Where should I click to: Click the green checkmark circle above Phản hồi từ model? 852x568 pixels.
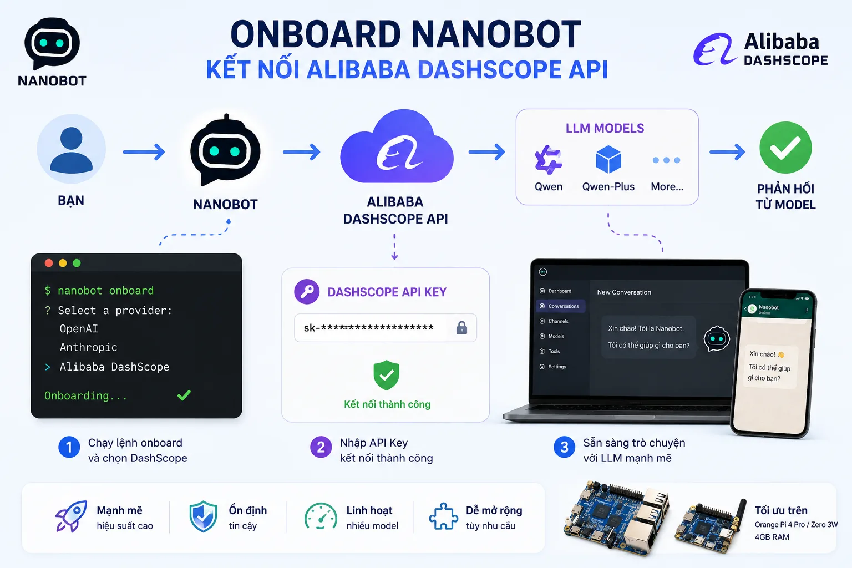(x=785, y=148)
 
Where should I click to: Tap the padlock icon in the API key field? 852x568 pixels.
(x=461, y=328)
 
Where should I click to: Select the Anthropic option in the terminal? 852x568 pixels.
(x=88, y=347)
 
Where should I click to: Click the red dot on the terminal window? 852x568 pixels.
(x=49, y=263)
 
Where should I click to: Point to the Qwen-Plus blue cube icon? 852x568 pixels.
(x=608, y=159)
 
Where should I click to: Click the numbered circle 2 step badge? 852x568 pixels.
(x=321, y=447)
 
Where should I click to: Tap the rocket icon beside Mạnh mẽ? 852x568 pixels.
(x=71, y=516)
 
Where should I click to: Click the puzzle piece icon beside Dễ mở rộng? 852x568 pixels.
(x=443, y=516)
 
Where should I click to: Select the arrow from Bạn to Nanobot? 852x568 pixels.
(x=144, y=152)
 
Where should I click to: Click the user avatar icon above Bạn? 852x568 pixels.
(x=71, y=149)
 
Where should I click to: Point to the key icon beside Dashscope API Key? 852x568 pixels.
(x=307, y=292)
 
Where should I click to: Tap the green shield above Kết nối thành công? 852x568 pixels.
(x=387, y=375)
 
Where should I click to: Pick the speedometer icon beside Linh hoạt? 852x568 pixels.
(x=321, y=516)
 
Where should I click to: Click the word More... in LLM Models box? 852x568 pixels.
(x=667, y=186)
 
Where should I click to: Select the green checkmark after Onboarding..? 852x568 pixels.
(x=184, y=395)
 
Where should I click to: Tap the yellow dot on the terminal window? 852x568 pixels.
(x=63, y=263)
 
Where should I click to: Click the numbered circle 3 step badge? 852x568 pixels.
(x=564, y=447)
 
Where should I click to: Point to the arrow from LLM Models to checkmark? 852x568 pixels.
(x=727, y=152)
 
